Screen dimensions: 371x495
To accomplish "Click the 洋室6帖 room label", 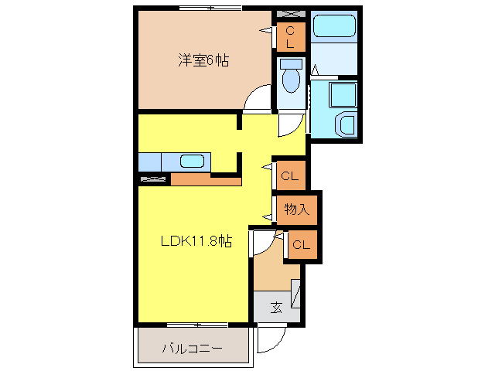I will coord(203,60).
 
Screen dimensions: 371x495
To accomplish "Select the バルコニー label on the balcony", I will coord(192,349).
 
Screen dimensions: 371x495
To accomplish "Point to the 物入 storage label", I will coord(296,208).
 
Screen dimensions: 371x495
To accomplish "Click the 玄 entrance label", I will coord(275,307).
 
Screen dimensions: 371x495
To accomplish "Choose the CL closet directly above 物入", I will coord(289,176).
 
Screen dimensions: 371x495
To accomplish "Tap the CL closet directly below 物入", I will coord(301,246).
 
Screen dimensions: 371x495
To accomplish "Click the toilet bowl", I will coord(292,78).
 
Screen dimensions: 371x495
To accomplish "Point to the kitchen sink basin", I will coord(192,162).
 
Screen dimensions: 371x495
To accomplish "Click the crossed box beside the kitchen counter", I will coord(154,179).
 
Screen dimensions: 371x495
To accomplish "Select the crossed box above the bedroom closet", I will coord(290,15).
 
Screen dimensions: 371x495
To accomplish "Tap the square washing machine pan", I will coord(341,96).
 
